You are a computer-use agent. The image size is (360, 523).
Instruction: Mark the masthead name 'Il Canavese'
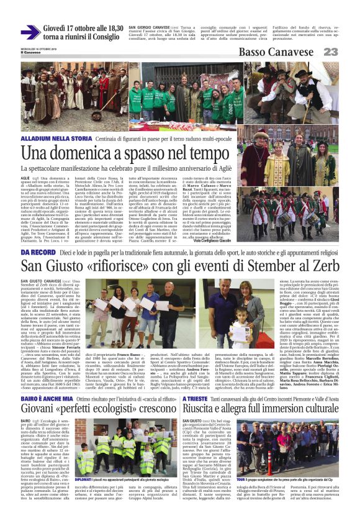(30, 53)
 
